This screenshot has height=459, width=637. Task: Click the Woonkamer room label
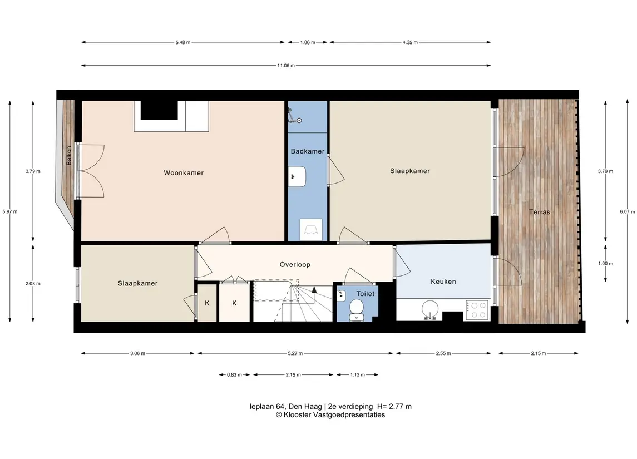184,172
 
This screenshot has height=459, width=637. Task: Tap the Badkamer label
308,151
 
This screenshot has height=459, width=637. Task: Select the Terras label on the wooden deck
540,211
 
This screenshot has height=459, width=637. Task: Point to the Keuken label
443,281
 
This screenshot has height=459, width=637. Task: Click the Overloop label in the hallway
295,264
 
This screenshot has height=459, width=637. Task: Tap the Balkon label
69,156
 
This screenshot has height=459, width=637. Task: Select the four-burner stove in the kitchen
477,310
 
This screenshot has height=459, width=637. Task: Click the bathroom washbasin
298,177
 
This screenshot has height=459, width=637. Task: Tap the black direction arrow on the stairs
314,289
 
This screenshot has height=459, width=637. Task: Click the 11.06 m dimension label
286,66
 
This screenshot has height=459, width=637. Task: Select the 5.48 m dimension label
183,42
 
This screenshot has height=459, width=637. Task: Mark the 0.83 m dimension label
234,375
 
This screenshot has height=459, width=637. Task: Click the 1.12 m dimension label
358,375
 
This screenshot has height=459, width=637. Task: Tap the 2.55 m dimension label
443,353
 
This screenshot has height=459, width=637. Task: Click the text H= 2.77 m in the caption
394,406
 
